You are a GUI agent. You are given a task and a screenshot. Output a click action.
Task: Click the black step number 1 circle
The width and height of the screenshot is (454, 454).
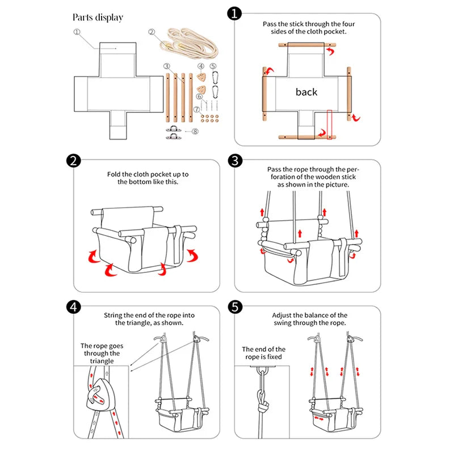[x=234, y=13]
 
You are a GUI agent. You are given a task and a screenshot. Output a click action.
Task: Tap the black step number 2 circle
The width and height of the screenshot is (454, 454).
[x=74, y=161]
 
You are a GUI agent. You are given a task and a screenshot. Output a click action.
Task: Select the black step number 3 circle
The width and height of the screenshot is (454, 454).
[x=235, y=161]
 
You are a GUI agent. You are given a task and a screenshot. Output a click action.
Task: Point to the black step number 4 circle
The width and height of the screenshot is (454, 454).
[x=74, y=307]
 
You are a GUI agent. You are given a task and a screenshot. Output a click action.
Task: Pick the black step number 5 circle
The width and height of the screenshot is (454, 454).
[x=235, y=307]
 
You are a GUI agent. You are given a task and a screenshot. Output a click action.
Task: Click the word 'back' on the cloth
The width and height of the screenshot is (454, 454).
[x=306, y=92]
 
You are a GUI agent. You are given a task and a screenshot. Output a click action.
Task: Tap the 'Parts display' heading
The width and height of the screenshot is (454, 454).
[x=98, y=18]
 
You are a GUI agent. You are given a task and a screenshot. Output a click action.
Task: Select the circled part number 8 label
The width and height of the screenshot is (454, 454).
[x=195, y=132]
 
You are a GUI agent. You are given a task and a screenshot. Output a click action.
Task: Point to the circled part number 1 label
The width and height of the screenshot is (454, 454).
[x=77, y=32]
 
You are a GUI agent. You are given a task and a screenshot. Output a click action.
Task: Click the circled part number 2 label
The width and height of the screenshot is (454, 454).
[x=152, y=32]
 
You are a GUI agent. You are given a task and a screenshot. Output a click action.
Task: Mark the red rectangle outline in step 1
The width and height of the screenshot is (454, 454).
[x=330, y=124]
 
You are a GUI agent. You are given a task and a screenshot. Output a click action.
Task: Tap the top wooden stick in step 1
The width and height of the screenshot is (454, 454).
[x=307, y=45]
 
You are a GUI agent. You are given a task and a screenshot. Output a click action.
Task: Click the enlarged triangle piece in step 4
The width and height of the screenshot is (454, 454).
[x=100, y=394]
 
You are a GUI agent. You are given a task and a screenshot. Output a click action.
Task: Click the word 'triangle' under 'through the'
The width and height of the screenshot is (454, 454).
[x=102, y=361]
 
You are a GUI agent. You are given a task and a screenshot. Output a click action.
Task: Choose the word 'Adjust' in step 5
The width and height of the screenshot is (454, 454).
[x=281, y=316]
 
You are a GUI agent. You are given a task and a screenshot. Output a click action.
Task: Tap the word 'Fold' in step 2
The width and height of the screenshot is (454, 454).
[x=113, y=174]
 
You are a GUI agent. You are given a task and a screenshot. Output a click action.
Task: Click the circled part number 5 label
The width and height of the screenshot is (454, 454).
[x=213, y=66]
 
